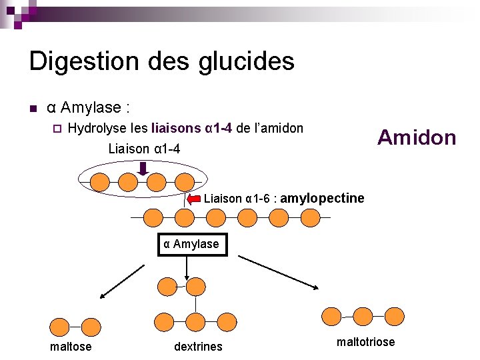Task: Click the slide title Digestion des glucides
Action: (x=161, y=61)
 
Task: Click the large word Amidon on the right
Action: (x=417, y=137)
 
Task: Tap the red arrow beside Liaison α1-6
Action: (x=194, y=199)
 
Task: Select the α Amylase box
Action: (x=191, y=244)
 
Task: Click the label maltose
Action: (x=71, y=346)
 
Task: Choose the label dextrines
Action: (x=198, y=346)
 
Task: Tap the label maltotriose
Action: (x=365, y=342)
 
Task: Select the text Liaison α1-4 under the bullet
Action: (x=144, y=148)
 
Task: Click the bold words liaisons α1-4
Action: (x=192, y=128)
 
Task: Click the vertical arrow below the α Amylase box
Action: (x=186, y=266)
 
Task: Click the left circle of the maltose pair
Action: (x=61, y=327)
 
